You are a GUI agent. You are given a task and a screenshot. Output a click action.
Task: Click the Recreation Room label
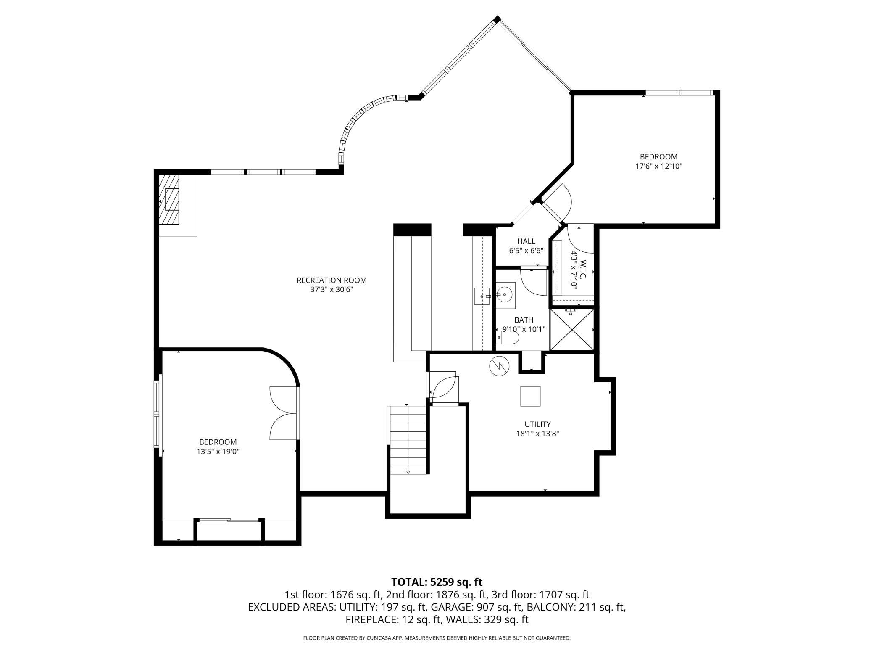pos(332,280)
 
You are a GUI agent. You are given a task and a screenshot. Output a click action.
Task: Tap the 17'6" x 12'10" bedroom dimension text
pos(658,166)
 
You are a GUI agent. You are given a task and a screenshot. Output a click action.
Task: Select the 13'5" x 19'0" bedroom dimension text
pos(218,451)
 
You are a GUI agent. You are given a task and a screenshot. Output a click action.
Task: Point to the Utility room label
pos(537,424)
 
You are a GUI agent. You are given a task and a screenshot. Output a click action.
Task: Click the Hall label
pos(526,241)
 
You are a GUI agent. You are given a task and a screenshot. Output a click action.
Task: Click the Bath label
pos(524,320)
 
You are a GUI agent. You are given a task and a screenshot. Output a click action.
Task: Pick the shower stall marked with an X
pos(572,329)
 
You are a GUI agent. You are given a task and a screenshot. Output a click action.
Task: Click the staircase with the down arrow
pos(407,440)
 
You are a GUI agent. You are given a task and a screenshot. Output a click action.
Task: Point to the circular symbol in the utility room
pos(499,366)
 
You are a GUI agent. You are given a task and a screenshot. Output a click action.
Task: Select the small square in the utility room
pos(530,396)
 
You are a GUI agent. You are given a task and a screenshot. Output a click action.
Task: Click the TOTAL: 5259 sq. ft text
pos(437,582)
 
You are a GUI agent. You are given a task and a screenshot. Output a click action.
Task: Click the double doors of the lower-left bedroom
pos(284,413)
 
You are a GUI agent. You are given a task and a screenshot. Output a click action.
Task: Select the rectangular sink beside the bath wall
pos(482,296)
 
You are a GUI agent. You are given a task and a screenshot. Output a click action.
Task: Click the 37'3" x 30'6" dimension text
pos(332,289)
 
